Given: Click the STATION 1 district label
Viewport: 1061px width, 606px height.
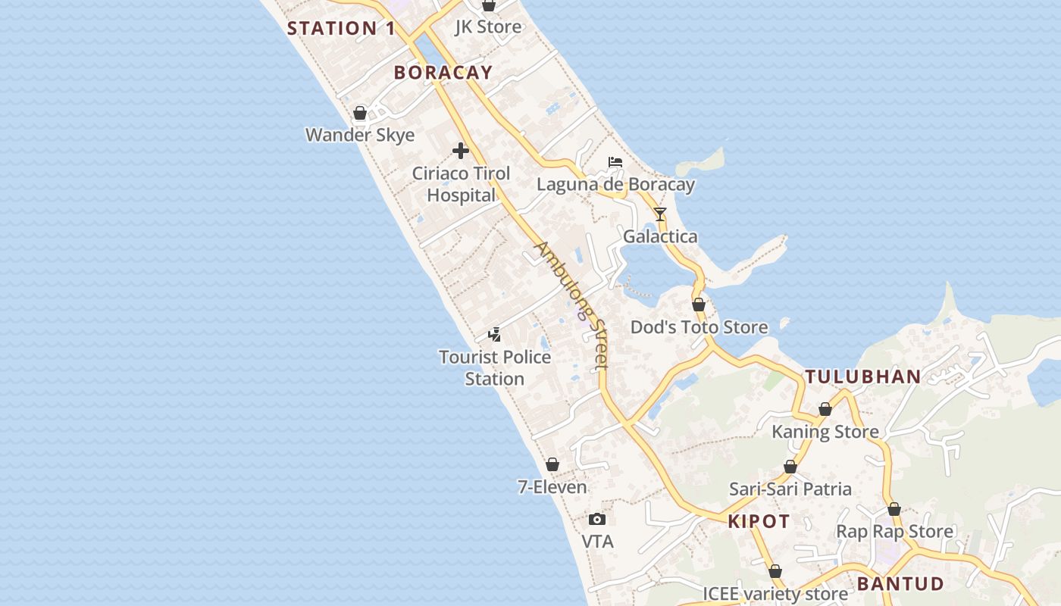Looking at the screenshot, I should point(341,29).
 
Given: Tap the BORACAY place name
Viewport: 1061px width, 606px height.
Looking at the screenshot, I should point(443,73).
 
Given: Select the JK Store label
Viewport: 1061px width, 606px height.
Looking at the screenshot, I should point(488,27).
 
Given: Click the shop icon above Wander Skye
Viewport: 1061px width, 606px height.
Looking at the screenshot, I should point(360,113).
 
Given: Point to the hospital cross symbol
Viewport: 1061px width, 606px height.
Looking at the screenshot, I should point(460,151).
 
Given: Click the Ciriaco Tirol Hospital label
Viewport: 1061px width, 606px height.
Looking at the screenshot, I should point(461,184).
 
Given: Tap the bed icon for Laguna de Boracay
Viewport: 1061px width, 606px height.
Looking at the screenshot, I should point(615,162).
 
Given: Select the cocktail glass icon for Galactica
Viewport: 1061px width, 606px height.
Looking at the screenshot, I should point(660,214).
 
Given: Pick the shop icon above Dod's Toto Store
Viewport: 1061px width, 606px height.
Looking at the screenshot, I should point(699,305).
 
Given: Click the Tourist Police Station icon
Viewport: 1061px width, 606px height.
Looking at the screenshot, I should point(494,334).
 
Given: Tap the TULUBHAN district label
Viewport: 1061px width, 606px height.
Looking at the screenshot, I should point(862,376).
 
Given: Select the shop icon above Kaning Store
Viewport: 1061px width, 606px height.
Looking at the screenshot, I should point(825,410).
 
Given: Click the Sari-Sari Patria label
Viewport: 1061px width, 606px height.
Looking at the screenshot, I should point(790,489).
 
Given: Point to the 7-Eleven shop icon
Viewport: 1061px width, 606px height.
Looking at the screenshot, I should point(552,464).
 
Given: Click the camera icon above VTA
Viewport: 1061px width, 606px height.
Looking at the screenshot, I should point(597,520).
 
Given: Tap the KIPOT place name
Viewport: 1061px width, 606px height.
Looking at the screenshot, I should point(759,522).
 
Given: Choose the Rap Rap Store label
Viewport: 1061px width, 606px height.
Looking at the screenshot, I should point(894,532).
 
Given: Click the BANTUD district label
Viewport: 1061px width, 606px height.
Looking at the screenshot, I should point(900,584).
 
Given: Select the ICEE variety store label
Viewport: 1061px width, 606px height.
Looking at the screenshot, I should point(775,593).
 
